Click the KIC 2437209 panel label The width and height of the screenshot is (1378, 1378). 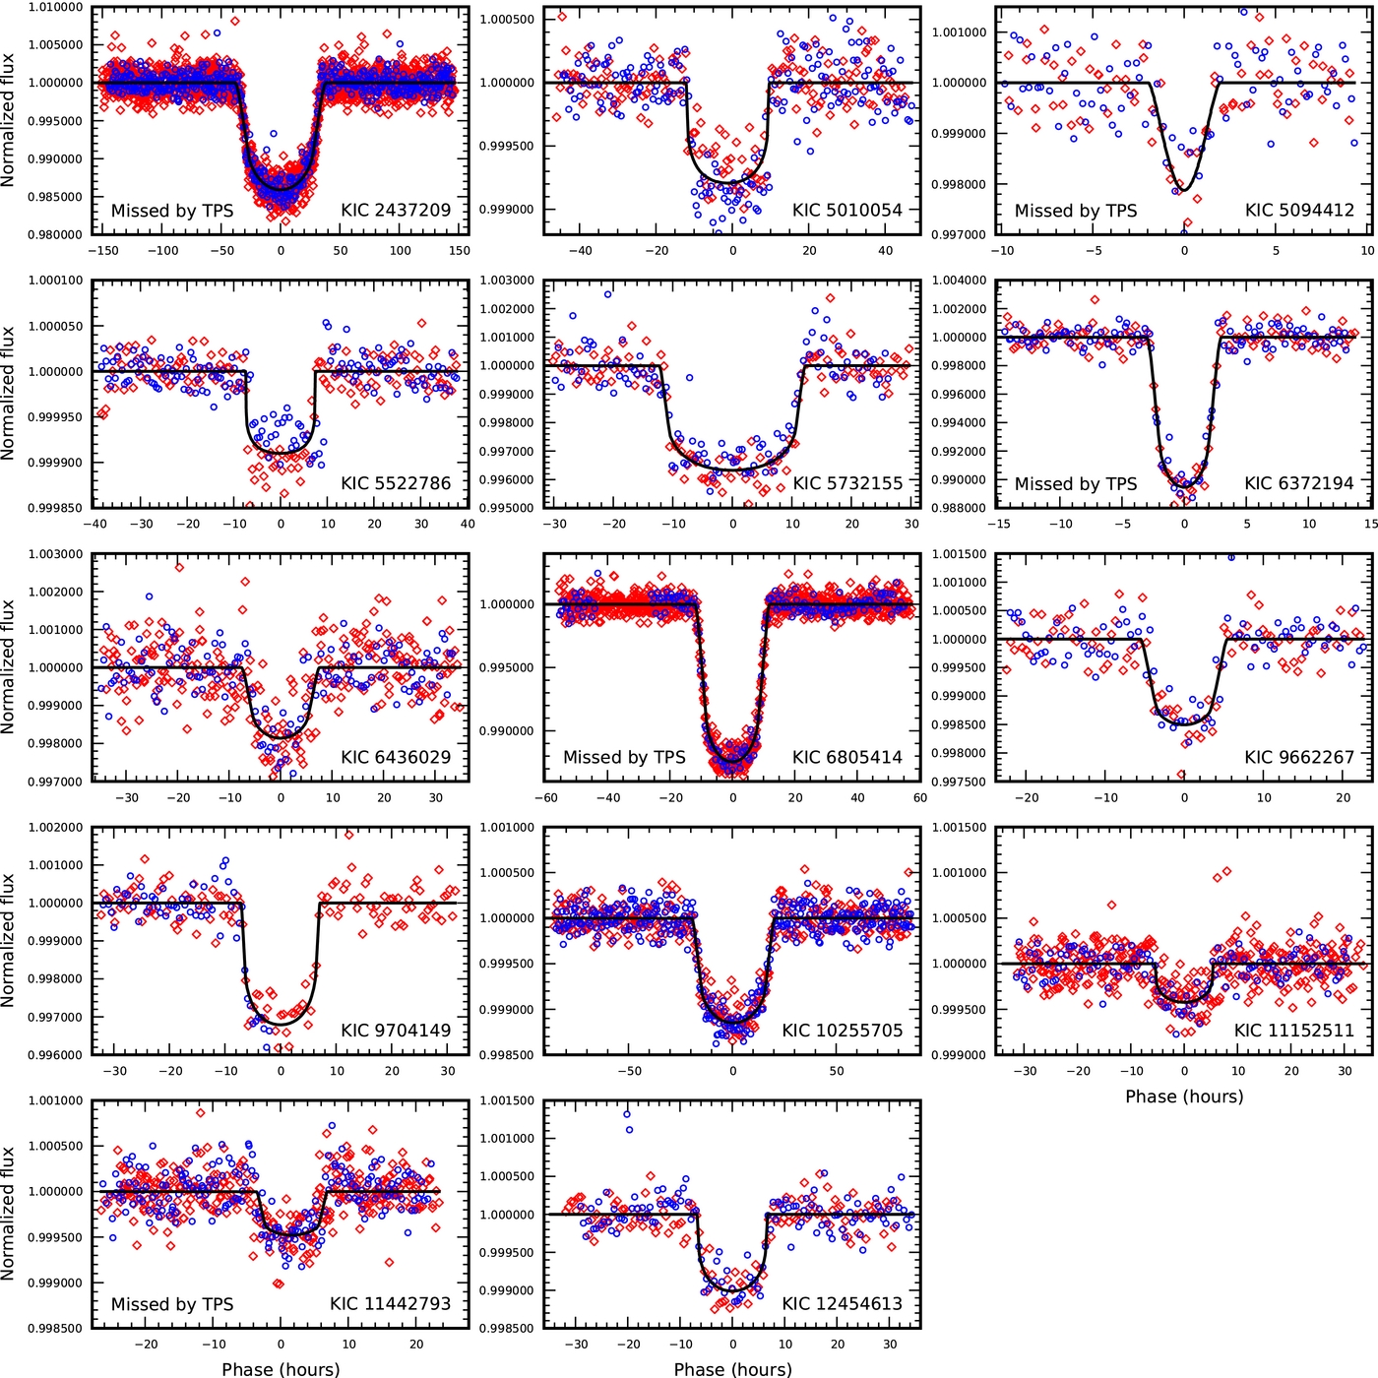coord(396,211)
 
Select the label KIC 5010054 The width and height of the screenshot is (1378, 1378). coord(847,211)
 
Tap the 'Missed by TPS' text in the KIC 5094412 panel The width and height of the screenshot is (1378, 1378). coord(1076,211)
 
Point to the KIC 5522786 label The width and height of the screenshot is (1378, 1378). coord(396,483)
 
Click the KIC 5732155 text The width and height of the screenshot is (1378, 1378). coord(847,483)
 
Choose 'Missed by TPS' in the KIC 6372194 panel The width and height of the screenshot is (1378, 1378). coord(1076,484)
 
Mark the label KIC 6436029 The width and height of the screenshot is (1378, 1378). coord(396,757)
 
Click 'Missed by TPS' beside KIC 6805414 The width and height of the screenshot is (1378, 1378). coord(624,757)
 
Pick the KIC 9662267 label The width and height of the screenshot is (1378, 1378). coord(1299,757)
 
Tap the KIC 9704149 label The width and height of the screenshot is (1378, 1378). coord(396,1031)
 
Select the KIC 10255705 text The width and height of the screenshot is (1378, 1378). coord(843,1031)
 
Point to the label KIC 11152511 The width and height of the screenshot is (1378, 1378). coord(1294,1031)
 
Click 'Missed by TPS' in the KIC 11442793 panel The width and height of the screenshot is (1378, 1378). coord(172,1304)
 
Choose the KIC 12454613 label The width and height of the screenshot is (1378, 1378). coord(843,1304)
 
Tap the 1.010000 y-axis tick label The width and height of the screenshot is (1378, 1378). coord(56,8)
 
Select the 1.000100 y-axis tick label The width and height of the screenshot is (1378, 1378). coord(56,281)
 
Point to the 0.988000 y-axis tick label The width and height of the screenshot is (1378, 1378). coord(959,509)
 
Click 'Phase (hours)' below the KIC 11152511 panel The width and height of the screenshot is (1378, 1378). coord(1184,1096)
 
